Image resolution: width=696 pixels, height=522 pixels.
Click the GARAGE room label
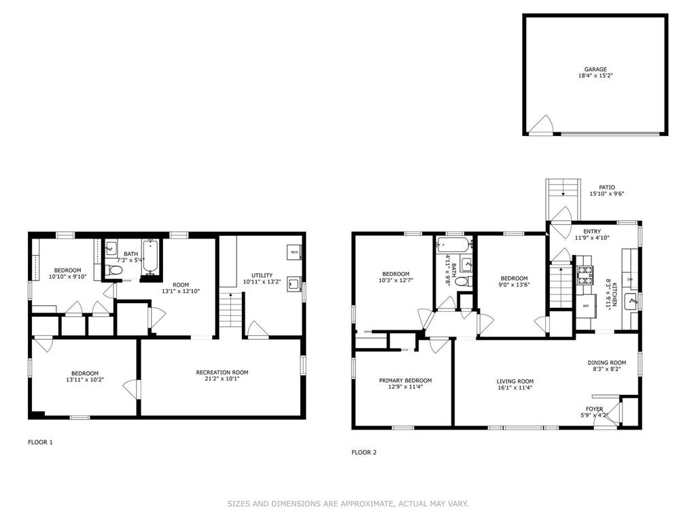point(595,69)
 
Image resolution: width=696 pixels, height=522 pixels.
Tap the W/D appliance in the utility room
point(294,251)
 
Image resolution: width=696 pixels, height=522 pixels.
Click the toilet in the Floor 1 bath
point(115,270)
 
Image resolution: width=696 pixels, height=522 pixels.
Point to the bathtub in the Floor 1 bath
point(150,257)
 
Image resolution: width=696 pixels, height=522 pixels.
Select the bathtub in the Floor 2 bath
point(454,245)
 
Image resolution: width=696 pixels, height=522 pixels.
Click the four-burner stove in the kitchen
point(585,275)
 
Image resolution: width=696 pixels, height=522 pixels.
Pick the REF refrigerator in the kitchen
point(585,306)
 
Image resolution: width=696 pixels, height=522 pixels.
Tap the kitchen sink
point(630,302)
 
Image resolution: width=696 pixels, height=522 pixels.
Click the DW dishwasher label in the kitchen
point(630,279)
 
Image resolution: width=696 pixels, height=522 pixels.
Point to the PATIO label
point(607,188)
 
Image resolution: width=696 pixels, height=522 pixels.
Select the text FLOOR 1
point(40,442)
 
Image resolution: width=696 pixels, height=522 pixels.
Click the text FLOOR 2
point(364,452)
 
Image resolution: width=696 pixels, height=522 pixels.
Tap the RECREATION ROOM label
point(222,372)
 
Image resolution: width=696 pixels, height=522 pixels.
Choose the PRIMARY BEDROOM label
point(405,381)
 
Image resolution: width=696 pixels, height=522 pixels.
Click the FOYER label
point(594,408)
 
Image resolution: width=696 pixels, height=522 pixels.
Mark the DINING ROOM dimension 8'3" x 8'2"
point(607,369)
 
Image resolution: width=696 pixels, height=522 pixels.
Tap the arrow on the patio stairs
point(563,192)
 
